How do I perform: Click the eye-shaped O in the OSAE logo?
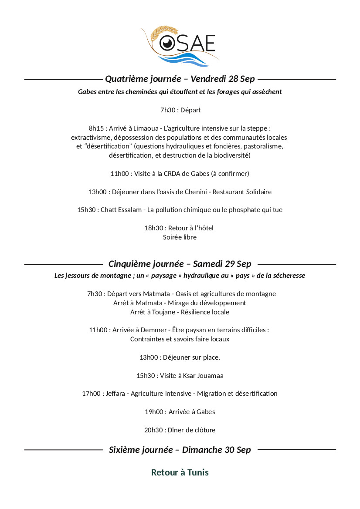coord(166,43)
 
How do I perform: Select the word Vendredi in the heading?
coord(208,79)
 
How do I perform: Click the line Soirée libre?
coord(180,237)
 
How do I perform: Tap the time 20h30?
coord(153,430)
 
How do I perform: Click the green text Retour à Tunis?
coord(180,472)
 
